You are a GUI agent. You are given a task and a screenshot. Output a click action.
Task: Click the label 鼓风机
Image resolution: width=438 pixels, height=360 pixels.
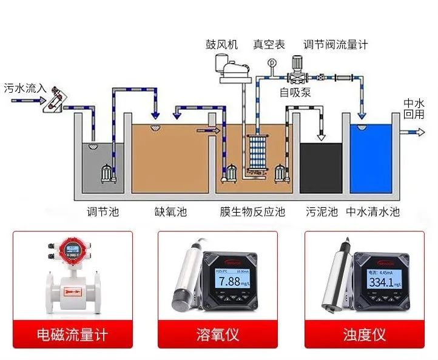(x=223, y=44)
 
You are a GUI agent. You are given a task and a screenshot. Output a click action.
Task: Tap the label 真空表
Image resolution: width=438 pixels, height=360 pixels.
(x=269, y=44)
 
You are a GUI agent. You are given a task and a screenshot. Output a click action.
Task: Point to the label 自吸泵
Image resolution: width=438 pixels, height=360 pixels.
(x=295, y=93)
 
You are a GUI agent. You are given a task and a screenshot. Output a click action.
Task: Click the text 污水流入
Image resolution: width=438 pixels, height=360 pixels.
(x=25, y=88)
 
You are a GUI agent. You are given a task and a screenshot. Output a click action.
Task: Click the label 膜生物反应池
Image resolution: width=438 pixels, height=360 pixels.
(x=252, y=212)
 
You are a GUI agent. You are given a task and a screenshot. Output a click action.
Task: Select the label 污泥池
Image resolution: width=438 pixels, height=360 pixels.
(x=321, y=212)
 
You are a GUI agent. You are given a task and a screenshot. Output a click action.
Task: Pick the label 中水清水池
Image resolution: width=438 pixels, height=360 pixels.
(x=373, y=212)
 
